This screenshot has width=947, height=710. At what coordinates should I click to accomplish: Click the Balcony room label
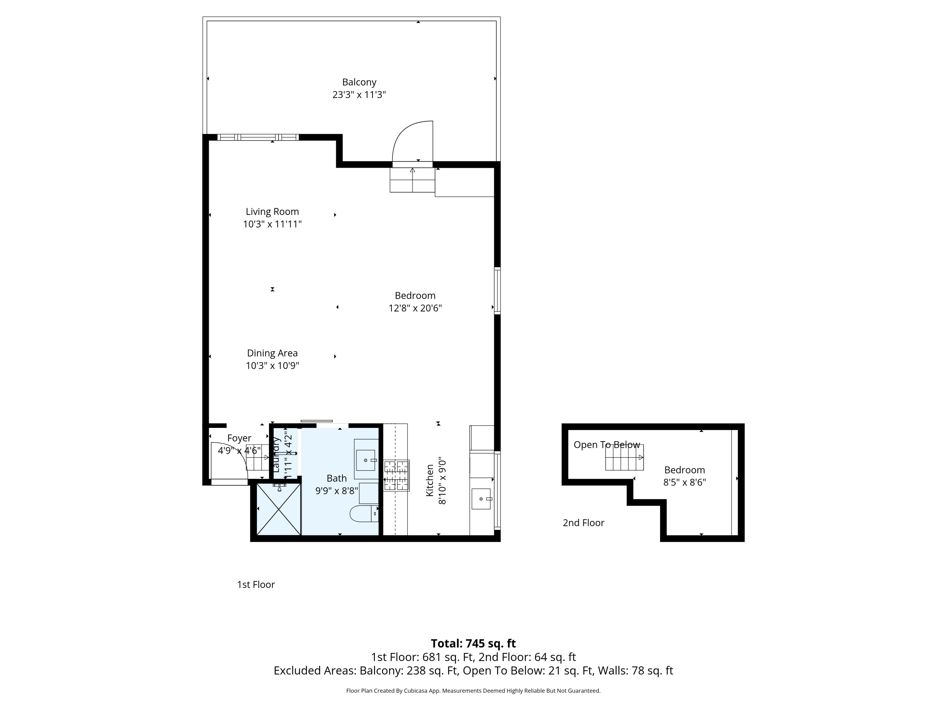coord(359,82)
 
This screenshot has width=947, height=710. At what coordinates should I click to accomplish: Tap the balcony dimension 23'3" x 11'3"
coord(359,95)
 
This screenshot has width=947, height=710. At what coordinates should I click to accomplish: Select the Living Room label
coord(272,211)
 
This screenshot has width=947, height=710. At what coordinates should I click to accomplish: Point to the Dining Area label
coord(272,353)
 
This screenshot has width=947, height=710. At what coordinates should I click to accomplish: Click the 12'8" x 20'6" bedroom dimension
coord(415,308)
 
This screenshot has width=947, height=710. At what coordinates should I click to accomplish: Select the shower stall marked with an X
coord(279,509)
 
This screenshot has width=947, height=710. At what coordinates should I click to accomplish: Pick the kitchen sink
coord(481,499)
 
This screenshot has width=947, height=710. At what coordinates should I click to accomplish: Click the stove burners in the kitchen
coord(396,475)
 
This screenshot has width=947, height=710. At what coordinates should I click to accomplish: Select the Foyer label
coord(239,438)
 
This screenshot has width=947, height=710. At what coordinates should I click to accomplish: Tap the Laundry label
coord(276,454)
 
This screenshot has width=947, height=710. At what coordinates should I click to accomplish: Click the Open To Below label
coord(607,445)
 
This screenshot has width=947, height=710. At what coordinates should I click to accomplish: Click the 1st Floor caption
coord(256,585)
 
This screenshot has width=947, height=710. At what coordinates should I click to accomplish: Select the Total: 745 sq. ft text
coord(473,644)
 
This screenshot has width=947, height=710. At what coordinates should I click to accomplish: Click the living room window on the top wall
coord(258,137)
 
